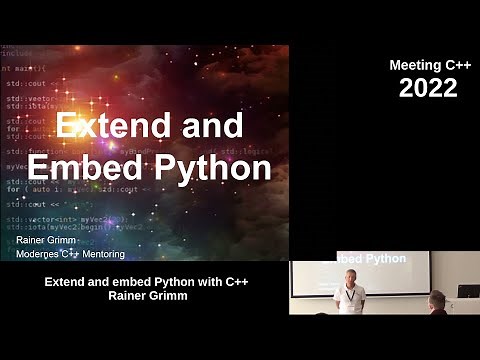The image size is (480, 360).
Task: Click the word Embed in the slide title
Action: point(95,168)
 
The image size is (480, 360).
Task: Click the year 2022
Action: point(428,88)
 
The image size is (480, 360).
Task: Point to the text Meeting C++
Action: point(428,65)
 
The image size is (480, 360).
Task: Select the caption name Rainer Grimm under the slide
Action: point(146,296)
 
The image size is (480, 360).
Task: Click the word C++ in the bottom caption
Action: point(233,282)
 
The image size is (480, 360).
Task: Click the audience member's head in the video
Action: point(438,300)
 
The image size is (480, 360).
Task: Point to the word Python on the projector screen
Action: point(385,259)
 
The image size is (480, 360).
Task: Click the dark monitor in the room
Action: point(468,292)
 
